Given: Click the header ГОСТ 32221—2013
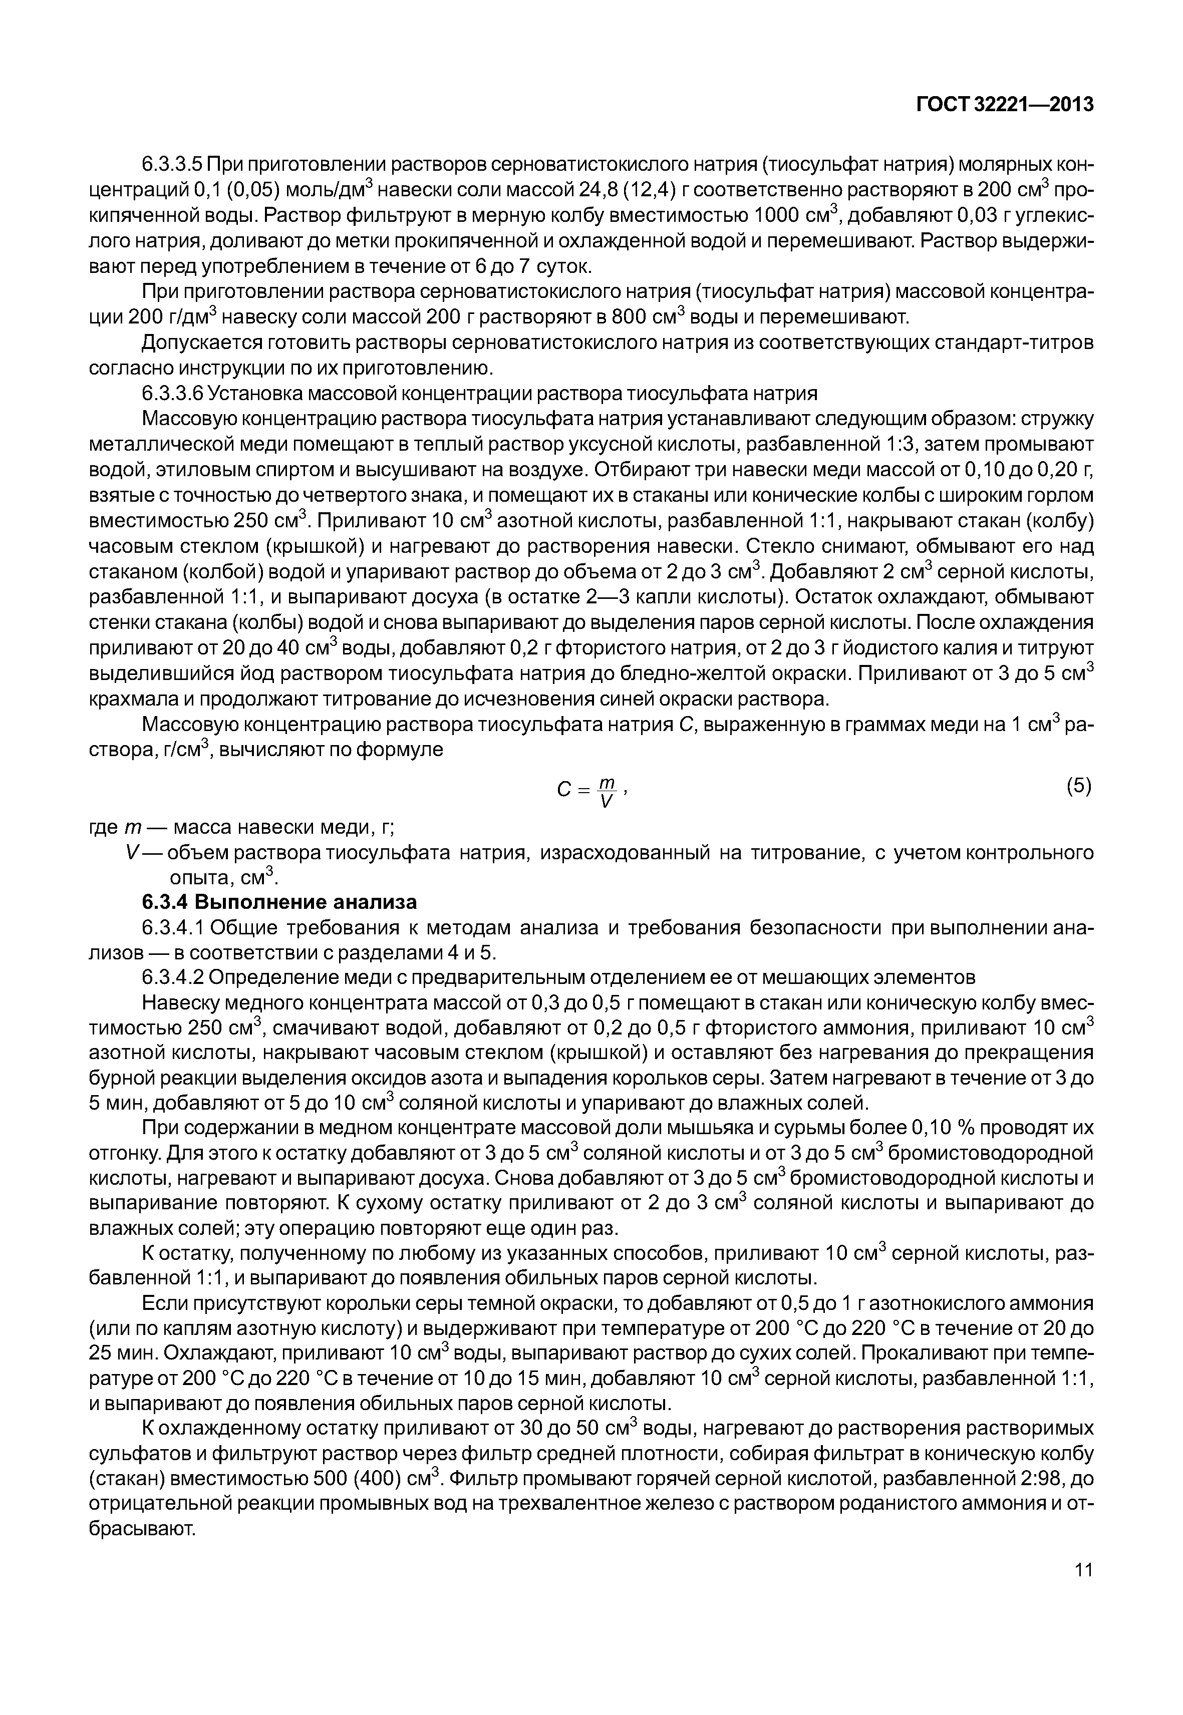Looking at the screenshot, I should click(x=1004, y=105).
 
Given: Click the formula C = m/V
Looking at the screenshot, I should click(x=591, y=792).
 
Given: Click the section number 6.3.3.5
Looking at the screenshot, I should click(x=172, y=164).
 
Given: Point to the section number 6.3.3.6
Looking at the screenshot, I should click(x=172, y=393).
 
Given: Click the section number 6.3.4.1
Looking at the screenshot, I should click(x=172, y=928).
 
